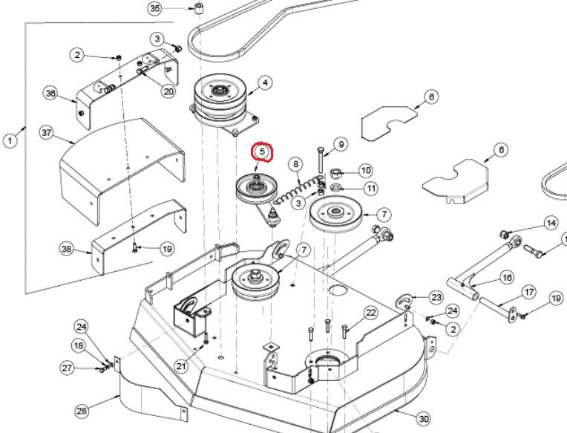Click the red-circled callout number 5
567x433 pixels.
click(x=262, y=152)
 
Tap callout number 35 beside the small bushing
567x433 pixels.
click(x=155, y=8)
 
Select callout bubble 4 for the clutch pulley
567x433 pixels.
click(x=266, y=83)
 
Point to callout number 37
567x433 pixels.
click(x=47, y=133)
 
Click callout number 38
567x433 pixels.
click(x=67, y=249)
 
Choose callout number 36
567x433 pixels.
click(x=50, y=94)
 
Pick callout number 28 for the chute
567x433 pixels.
click(x=82, y=411)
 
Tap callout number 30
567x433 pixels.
click(x=424, y=419)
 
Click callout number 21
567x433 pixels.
click(x=181, y=366)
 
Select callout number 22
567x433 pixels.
click(x=370, y=313)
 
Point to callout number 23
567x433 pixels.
click(x=436, y=297)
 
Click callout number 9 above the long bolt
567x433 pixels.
click(x=341, y=144)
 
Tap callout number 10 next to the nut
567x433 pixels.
click(x=366, y=170)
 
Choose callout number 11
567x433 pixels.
click(x=371, y=188)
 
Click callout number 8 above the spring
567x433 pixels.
click(x=296, y=165)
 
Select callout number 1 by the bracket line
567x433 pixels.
click(x=10, y=140)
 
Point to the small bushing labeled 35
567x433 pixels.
click(x=198, y=8)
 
